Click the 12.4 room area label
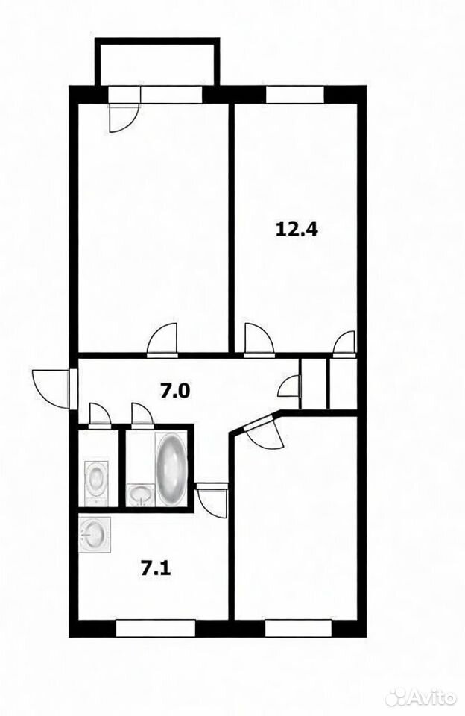coord(297,228)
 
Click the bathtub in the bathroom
coord(171,469)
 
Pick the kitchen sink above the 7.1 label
coord(95,535)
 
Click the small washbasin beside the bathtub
coord(141,495)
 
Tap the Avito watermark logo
coord(420,697)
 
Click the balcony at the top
coord(157,62)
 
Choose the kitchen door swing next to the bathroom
coord(212,500)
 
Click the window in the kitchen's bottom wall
coord(156,628)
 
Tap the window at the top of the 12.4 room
coord(295,94)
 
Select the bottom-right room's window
coord(298,628)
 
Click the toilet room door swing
coord(99,415)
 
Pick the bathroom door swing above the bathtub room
coord(142,415)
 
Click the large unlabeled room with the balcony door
coord(154,228)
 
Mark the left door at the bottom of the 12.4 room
coord(259,339)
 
